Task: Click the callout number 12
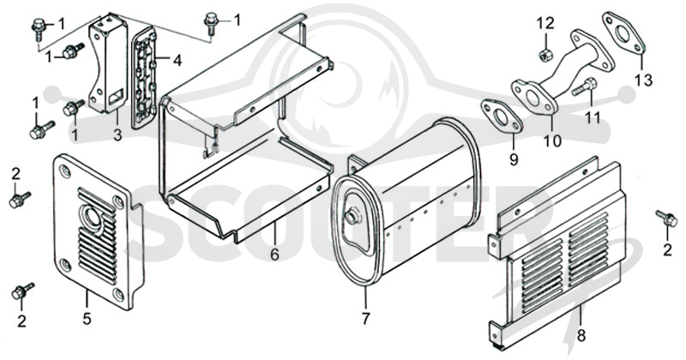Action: [x=545, y=23]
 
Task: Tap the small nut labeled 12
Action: [x=545, y=55]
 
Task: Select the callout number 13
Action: [x=644, y=81]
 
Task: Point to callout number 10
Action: [x=552, y=141]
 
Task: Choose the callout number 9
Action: [x=513, y=159]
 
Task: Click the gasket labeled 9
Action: [x=502, y=117]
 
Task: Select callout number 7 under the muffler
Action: [x=366, y=318]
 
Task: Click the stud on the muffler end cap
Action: [x=352, y=218]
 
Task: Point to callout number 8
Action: [x=581, y=336]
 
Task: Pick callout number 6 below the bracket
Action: [x=274, y=255]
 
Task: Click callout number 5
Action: [x=87, y=319]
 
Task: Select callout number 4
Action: [x=177, y=60]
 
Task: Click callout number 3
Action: [x=117, y=135]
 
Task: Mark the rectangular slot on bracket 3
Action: [x=116, y=96]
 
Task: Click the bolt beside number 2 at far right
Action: [x=665, y=218]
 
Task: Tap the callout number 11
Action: [x=593, y=118]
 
